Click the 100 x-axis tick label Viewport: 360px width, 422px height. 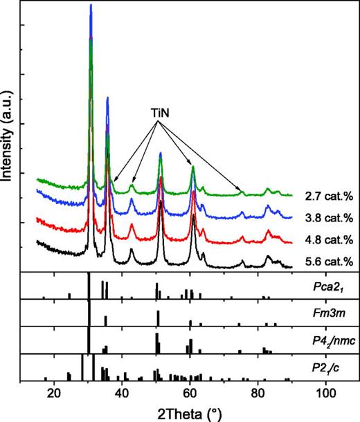point(325,392)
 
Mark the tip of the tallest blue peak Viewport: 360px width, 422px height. point(91,5)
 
